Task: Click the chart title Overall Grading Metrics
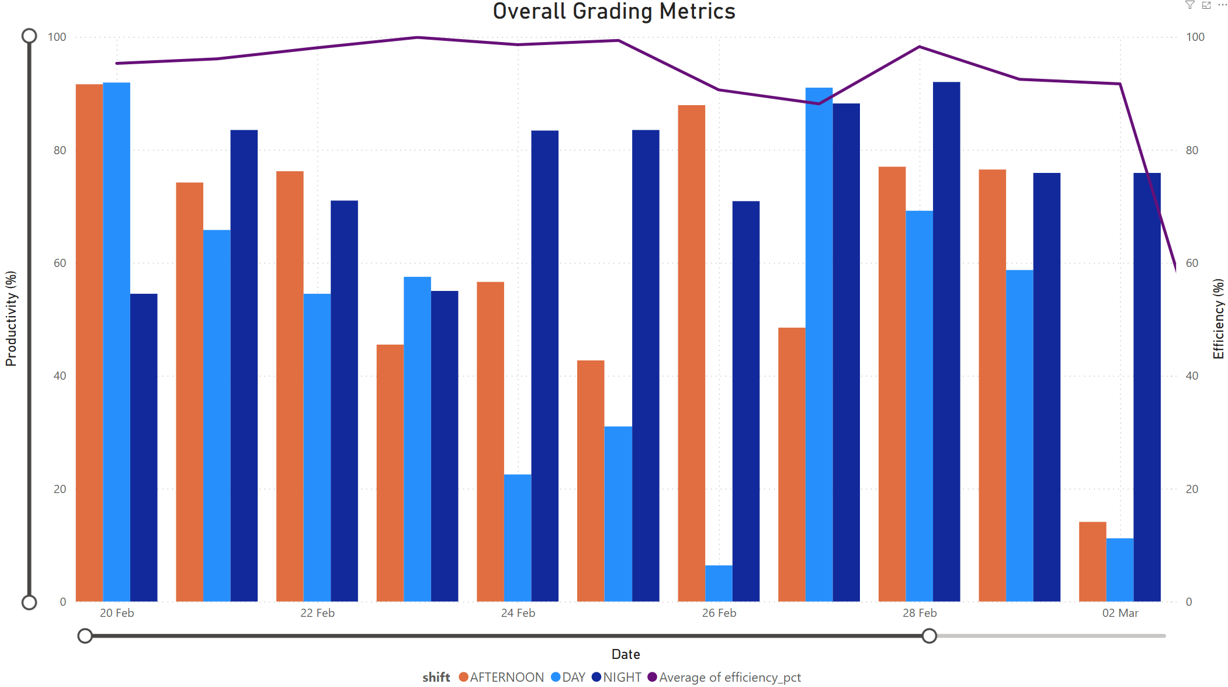pos(613,12)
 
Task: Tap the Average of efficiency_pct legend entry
pos(724,677)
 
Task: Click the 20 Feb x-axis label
pos(117,613)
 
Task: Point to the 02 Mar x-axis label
pos(1120,613)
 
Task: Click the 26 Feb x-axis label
pos(719,613)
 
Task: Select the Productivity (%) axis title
pos(11,318)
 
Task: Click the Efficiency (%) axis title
pos(1218,318)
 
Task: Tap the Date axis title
pos(626,654)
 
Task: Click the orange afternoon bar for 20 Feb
pos(89,345)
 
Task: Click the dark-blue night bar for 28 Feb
pos(946,345)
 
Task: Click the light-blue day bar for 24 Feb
pos(518,537)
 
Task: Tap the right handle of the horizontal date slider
pos(929,636)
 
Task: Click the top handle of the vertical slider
pos(29,36)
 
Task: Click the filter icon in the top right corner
pos(1189,5)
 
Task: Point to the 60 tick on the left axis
pos(60,263)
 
